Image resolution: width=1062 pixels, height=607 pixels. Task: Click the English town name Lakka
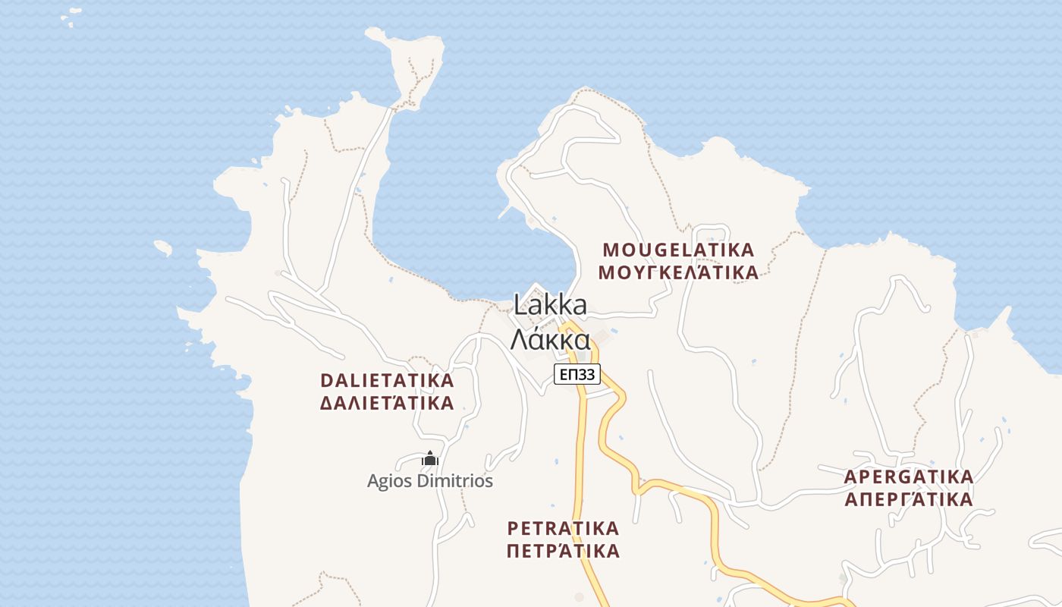point(550,305)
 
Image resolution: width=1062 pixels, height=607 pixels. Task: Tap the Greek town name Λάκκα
point(550,338)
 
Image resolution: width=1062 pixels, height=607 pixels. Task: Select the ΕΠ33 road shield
point(577,374)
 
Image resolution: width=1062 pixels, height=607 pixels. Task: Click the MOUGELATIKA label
point(678,250)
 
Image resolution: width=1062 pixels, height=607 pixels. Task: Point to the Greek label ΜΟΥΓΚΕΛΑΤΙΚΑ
point(678,272)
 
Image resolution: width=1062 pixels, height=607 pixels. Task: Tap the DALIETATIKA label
point(387,380)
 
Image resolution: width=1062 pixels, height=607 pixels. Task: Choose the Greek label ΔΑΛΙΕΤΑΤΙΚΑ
point(387,403)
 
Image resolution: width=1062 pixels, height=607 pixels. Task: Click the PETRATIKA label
point(563,528)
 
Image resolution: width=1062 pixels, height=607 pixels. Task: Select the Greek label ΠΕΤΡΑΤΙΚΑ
point(563,551)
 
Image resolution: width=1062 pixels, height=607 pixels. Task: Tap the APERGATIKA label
point(909,477)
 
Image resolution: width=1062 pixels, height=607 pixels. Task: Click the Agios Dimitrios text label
point(430,481)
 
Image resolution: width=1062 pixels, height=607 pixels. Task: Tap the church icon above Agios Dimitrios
point(430,458)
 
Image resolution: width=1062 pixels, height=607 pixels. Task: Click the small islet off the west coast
point(163,247)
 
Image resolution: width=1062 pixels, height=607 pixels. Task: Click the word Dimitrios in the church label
point(453,481)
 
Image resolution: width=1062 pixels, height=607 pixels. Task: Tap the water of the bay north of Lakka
point(448,212)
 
